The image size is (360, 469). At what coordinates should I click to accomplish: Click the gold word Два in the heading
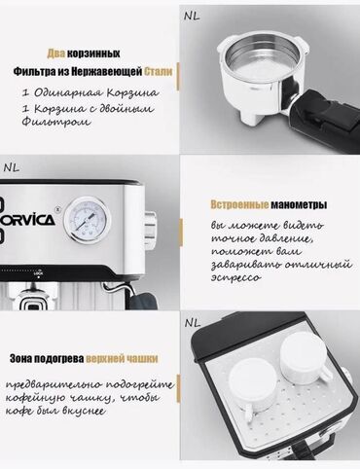tap(56, 54)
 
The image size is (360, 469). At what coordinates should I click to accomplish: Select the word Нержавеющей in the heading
tap(107, 72)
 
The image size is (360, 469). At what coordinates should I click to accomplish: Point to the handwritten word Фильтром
tap(55, 122)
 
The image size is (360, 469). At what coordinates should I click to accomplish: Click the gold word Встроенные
tap(239, 204)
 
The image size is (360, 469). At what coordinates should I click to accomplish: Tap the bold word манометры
tap(299, 205)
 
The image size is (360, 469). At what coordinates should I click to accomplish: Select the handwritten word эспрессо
tap(235, 278)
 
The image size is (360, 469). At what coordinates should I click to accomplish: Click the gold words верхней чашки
tap(122, 358)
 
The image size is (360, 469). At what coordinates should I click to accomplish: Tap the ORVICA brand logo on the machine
tap(27, 220)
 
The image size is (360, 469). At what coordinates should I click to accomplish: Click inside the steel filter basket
tap(262, 60)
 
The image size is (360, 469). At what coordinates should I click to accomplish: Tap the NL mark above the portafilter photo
tap(192, 17)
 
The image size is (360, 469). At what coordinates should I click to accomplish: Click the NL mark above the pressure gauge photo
tap(12, 167)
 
